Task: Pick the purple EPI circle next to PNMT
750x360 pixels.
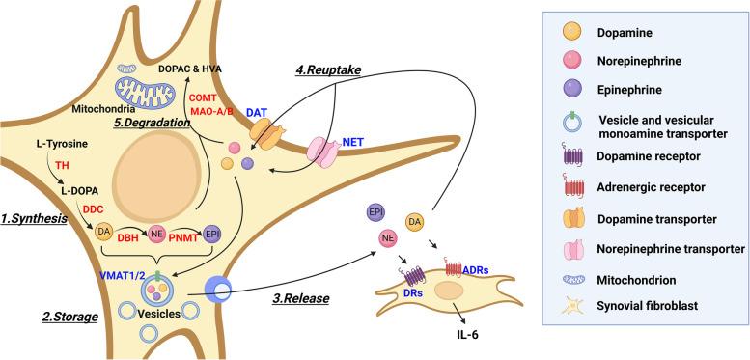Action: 210,233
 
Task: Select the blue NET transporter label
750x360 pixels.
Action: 351,143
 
